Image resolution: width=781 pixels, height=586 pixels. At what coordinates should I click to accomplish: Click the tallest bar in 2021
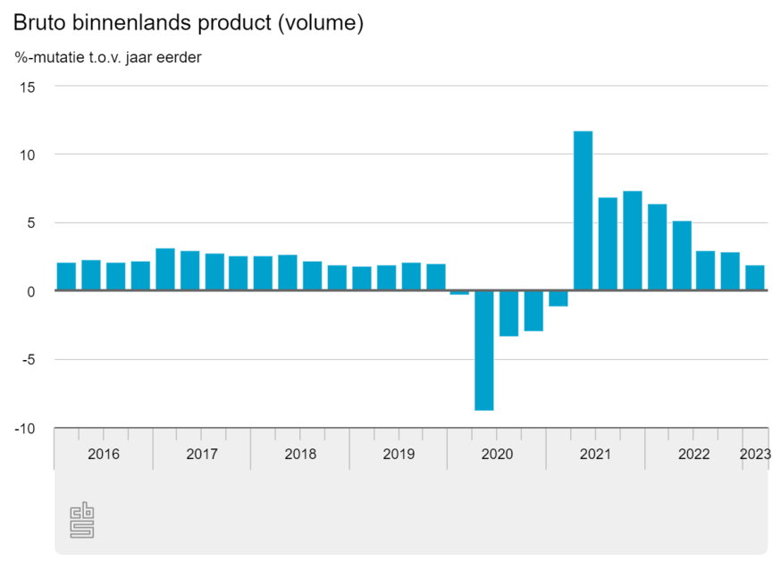click(x=583, y=211)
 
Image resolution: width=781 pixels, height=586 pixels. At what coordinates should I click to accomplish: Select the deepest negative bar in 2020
click(x=484, y=350)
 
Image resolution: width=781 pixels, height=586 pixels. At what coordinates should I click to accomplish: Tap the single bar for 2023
click(x=755, y=278)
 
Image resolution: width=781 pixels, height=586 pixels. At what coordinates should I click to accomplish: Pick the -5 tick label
click(x=28, y=360)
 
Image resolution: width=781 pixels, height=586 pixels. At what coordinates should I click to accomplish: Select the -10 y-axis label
click(x=25, y=429)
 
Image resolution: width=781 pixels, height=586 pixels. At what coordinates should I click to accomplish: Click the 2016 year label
click(x=104, y=454)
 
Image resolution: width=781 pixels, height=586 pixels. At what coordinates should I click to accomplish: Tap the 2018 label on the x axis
click(x=300, y=454)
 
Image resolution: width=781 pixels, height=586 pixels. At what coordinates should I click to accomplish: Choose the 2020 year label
click(x=497, y=454)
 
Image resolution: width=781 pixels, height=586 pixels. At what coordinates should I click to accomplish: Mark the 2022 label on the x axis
click(x=693, y=454)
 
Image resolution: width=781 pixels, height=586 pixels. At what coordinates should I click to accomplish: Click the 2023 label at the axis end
click(x=755, y=454)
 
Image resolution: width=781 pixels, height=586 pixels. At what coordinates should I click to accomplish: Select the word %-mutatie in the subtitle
click(x=50, y=58)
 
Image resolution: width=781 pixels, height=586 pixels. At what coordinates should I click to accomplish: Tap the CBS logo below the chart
click(x=82, y=521)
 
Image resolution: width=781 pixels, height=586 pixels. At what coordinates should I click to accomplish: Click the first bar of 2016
click(x=66, y=277)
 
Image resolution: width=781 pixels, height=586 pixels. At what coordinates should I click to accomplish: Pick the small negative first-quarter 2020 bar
click(x=459, y=292)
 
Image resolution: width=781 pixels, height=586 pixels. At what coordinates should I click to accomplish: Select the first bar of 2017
click(x=165, y=270)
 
